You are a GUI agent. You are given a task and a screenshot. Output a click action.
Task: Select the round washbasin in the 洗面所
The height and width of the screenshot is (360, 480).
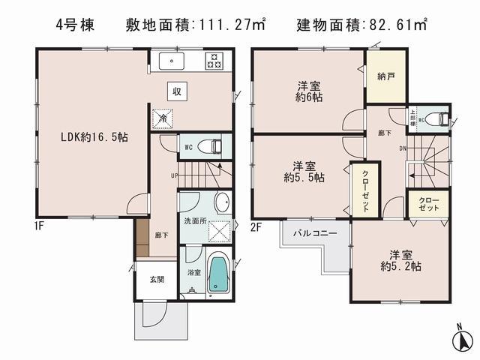pyautogui.click(x=220, y=202)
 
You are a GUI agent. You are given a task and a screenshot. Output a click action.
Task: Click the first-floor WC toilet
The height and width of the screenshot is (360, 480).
pyautogui.click(x=214, y=146)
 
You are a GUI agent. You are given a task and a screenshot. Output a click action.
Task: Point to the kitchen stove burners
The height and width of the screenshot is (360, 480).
pyautogui.click(x=214, y=61)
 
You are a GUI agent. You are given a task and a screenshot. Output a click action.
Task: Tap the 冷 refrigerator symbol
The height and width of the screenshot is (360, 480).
pyautogui.click(x=161, y=118)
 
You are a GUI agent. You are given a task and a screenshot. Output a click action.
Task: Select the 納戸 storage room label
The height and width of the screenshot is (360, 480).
pyautogui.click(x=385, y=76)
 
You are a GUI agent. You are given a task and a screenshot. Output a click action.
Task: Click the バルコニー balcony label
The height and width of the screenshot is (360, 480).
pyautogui.click(x=315, y=232)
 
